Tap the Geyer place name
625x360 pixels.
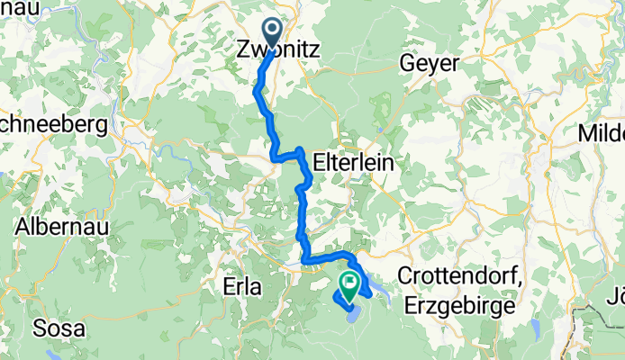(x=430, y=63)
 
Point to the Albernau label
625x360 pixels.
(x=61, y=226)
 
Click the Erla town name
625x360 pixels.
(x=240, y=287)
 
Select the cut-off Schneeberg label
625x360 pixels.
(x=54, y=123)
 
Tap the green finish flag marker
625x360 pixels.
(x=348, y=283)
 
